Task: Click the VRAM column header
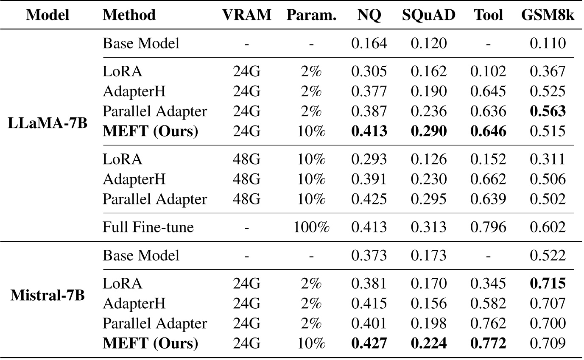[x=247, y=15]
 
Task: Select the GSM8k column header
[x=547, y=15]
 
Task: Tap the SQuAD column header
[x=429, y=15]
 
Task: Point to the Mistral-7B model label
[x=48, y=296]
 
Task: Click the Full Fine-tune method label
[x=148, y=227]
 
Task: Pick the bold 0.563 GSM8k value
[x=548, y=112]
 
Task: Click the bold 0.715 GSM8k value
[x=548, y=283]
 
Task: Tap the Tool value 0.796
[x=488, y=227]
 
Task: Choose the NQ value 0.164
[x=369, y=43]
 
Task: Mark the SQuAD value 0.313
[x=429, y=227]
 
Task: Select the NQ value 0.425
[x=369, y=199]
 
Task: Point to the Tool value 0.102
[x=488, y=71]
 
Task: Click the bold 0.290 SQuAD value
[x=429, y=131]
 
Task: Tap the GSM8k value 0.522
[x=548, y=255]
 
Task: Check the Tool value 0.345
[x=488, y=283]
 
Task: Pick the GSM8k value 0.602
[x=548, y=227]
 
